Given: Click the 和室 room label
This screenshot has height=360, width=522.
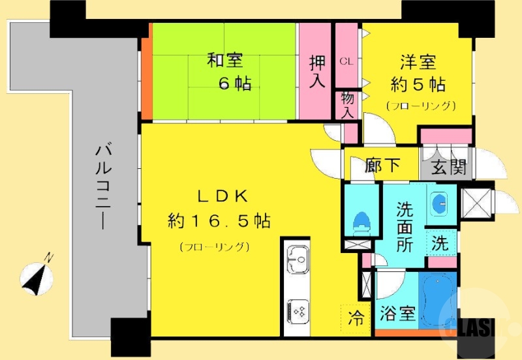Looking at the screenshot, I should tap(225, 61).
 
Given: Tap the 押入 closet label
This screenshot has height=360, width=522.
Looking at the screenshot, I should tap(318, 71).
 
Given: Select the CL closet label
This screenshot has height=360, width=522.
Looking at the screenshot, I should tap(346, 61).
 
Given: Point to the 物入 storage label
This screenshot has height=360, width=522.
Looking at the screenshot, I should tap(348, 104).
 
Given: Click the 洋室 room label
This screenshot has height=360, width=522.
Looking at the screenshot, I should tap(418, 63).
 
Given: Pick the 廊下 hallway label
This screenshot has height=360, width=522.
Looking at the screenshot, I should tap(382, 167).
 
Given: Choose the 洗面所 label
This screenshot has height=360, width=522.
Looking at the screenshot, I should tap(405, 228).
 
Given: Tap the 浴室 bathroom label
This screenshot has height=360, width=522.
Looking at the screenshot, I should tap(397, 314).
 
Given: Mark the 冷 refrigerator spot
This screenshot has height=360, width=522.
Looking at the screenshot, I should tap(356, 319).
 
